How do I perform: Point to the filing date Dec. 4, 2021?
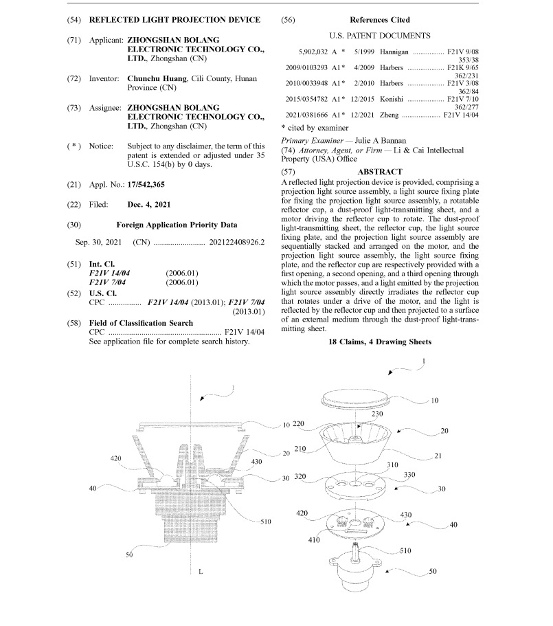(149, 204)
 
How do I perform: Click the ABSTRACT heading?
(380, 171)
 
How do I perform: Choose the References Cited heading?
(379, 20)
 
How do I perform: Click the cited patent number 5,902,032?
(313, 52)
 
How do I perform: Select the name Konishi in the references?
(394, 99)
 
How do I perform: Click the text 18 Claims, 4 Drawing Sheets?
(380, 342)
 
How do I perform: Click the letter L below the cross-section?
(200, 571)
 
